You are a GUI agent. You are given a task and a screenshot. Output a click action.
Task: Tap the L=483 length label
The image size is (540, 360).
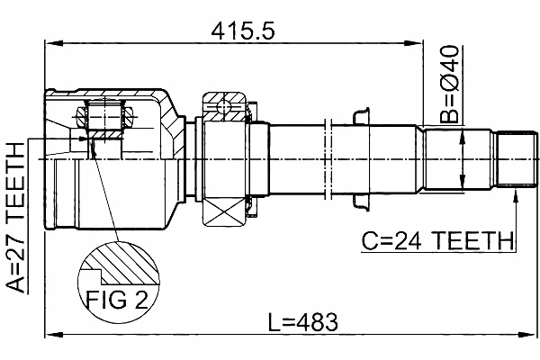point(310,320)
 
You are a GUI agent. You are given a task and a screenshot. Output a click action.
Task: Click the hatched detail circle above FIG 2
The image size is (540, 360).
point(118,270)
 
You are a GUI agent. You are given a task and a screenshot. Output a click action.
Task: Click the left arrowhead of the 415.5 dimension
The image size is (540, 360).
point(49,41)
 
